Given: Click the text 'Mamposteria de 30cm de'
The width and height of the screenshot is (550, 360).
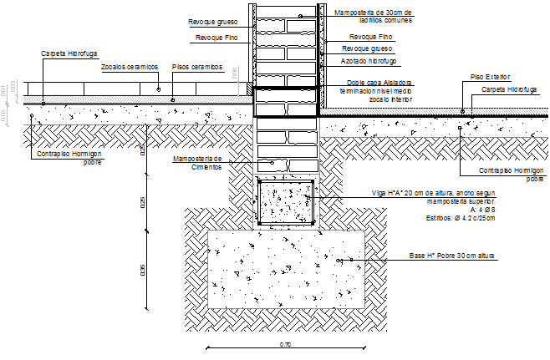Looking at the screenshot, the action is tap(375, 13).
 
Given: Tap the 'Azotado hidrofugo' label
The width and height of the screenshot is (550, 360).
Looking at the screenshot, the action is tap(369, 62).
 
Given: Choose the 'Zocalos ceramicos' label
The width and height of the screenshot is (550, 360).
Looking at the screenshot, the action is tap(129, 66).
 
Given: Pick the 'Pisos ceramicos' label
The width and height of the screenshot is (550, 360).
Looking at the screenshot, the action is tap(196, 66).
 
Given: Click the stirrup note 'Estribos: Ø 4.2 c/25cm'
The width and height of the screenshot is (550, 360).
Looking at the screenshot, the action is tap(460, 218).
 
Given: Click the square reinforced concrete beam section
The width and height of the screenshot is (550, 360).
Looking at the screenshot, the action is tap(287, 202).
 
